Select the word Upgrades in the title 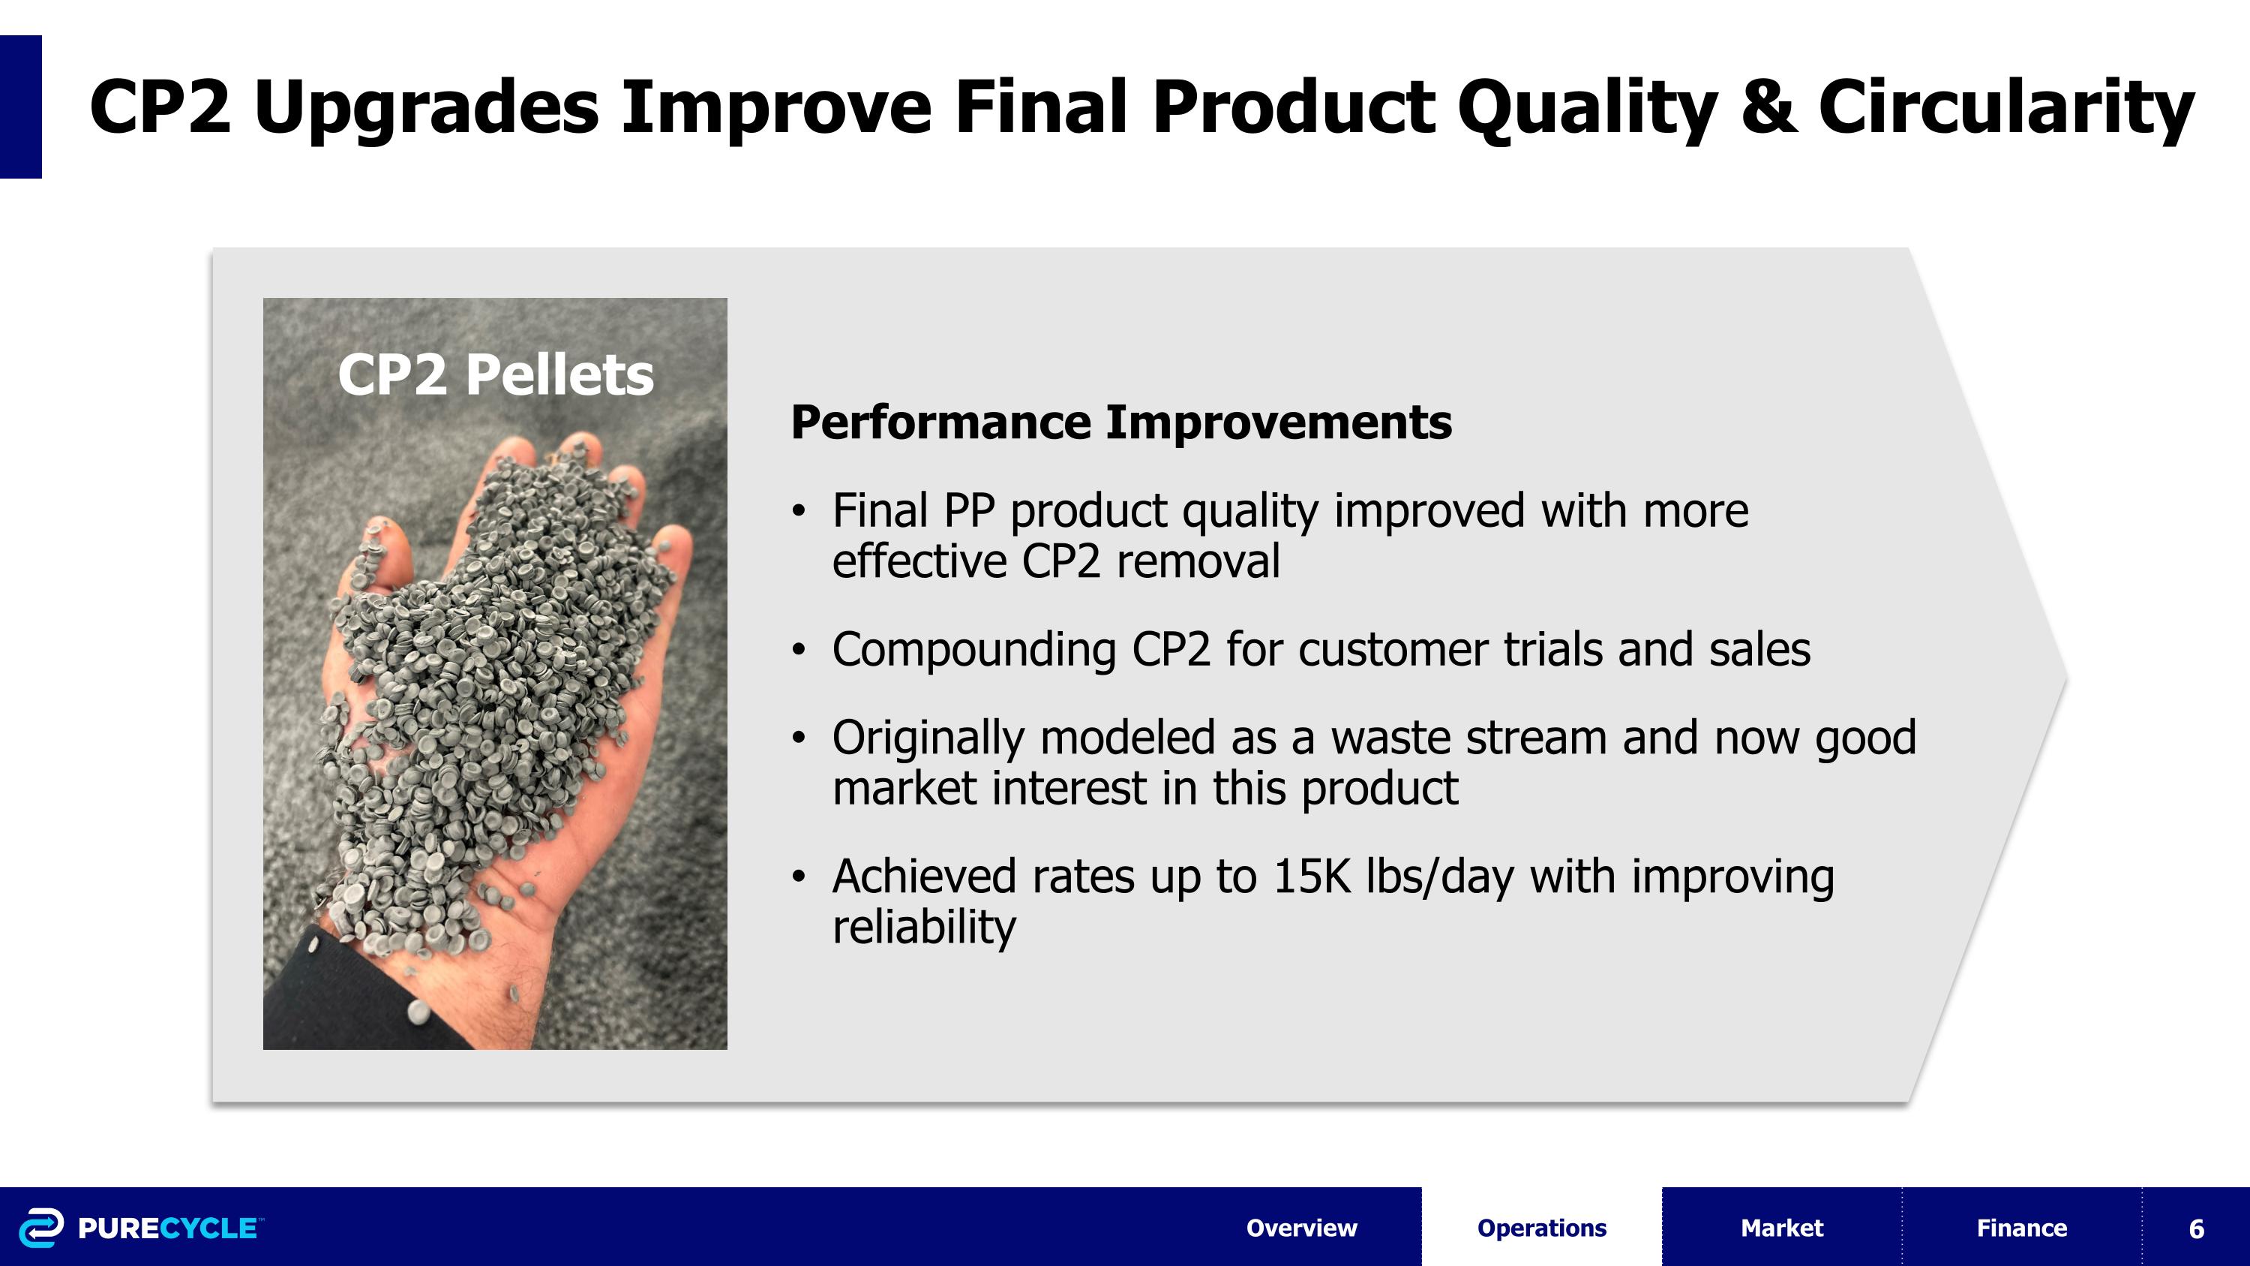[x=426, y=107]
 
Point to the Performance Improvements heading [x=1120, y=423]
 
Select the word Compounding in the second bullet [x=973, y=650]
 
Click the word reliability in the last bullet [x=924, y=927]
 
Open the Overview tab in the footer [x=1300, y=1228]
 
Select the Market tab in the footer [x=1781, y=1228]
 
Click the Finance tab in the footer [x=2021, y=1228]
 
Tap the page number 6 [x=2196, y=1228]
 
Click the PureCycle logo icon [x=41, y=1227]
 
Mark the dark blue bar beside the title [x=20, y=107]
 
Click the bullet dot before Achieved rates [x=797, y=877]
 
